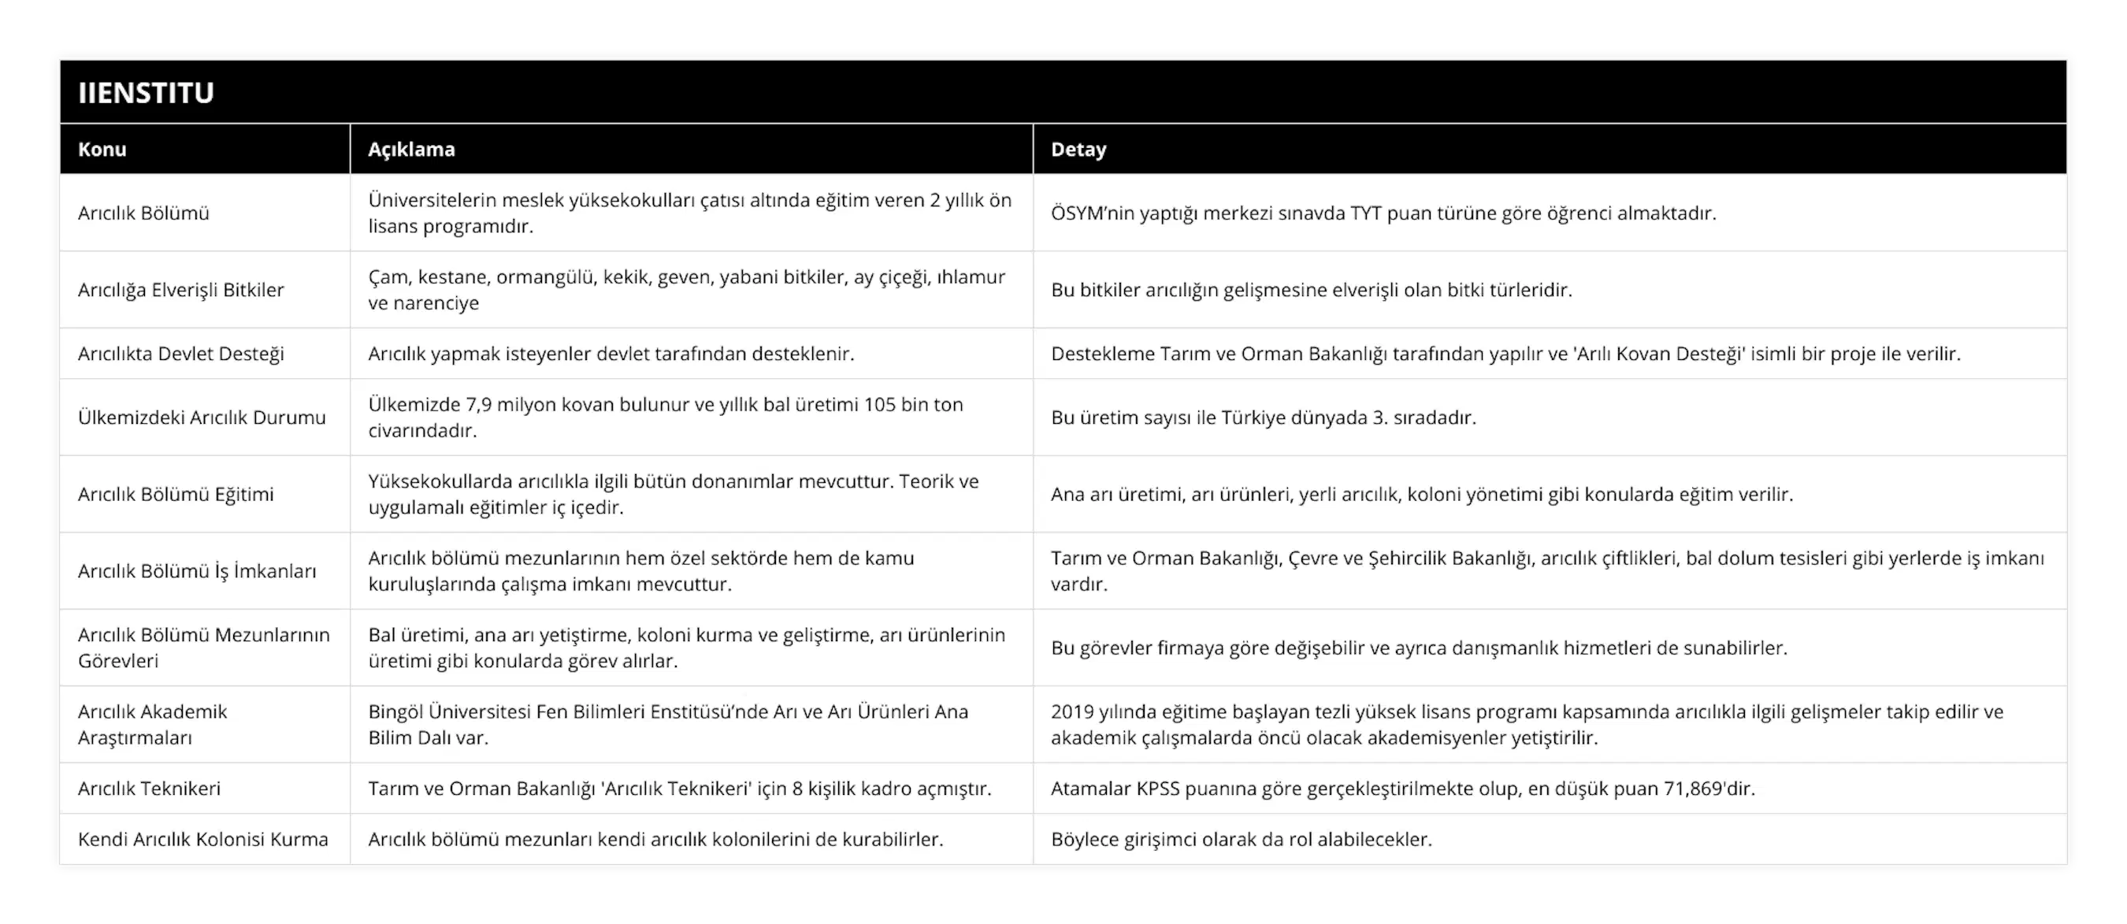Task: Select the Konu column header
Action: tap(102, 150)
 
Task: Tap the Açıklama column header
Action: tap(411, 150)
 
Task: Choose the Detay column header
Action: tap(1078, 150)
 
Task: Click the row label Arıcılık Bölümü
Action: tap(143, 213)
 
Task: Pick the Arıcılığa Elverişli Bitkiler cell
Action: tap(181, 290)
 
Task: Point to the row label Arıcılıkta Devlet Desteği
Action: tap(181, 354)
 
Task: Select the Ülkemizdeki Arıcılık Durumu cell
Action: tap(202, 417)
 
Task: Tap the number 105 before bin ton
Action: tap(879, 405)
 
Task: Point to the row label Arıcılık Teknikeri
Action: tap(150, 789)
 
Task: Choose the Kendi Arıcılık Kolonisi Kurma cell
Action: tap(203, 839)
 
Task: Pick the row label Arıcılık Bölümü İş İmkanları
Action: tap(196, 570)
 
